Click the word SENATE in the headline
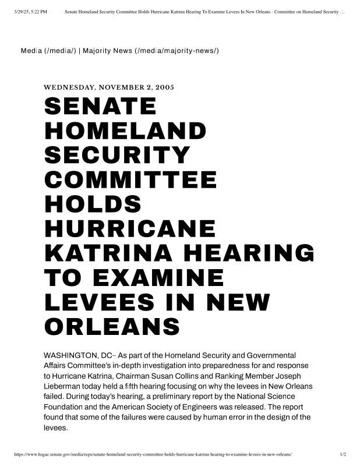[100, 107]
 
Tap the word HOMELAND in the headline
[125, 131]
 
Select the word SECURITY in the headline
[117, 156]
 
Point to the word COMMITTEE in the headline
[130, 180]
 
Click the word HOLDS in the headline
[93, 204]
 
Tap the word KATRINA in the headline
[111, 253]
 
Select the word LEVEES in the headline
[99, 302]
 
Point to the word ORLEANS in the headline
[112, 326]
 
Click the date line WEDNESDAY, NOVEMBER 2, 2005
[109, 87]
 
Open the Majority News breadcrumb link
[151, 51]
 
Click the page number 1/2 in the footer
[343, 454]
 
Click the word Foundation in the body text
[65, 407]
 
